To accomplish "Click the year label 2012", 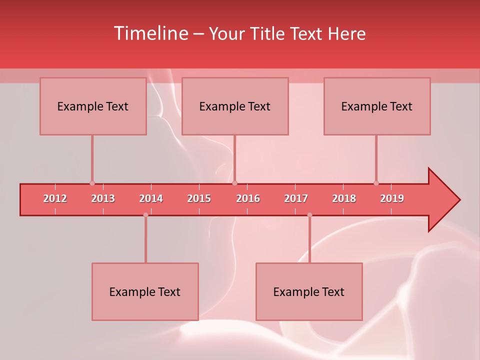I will [55, 198].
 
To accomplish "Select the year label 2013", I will [103, 198].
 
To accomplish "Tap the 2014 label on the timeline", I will [151, 198].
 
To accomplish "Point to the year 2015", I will [199, 198].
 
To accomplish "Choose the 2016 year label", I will [248, 198].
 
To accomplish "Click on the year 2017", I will [296, 198].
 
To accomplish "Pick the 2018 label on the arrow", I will [344, 198].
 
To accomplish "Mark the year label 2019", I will [392, 198].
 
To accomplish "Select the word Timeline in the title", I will [150, 33].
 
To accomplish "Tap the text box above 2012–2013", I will [93, 106].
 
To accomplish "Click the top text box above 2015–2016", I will [235, 106].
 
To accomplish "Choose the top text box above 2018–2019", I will [377, 106].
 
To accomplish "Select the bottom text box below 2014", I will [145, 292].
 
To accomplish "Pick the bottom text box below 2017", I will [309, 292].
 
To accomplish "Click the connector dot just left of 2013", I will [92, 183].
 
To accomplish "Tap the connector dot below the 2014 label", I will [145, 215].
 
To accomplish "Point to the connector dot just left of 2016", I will [234, 183].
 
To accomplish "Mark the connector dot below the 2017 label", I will [309, 215].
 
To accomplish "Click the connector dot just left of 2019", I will [376, 183].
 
